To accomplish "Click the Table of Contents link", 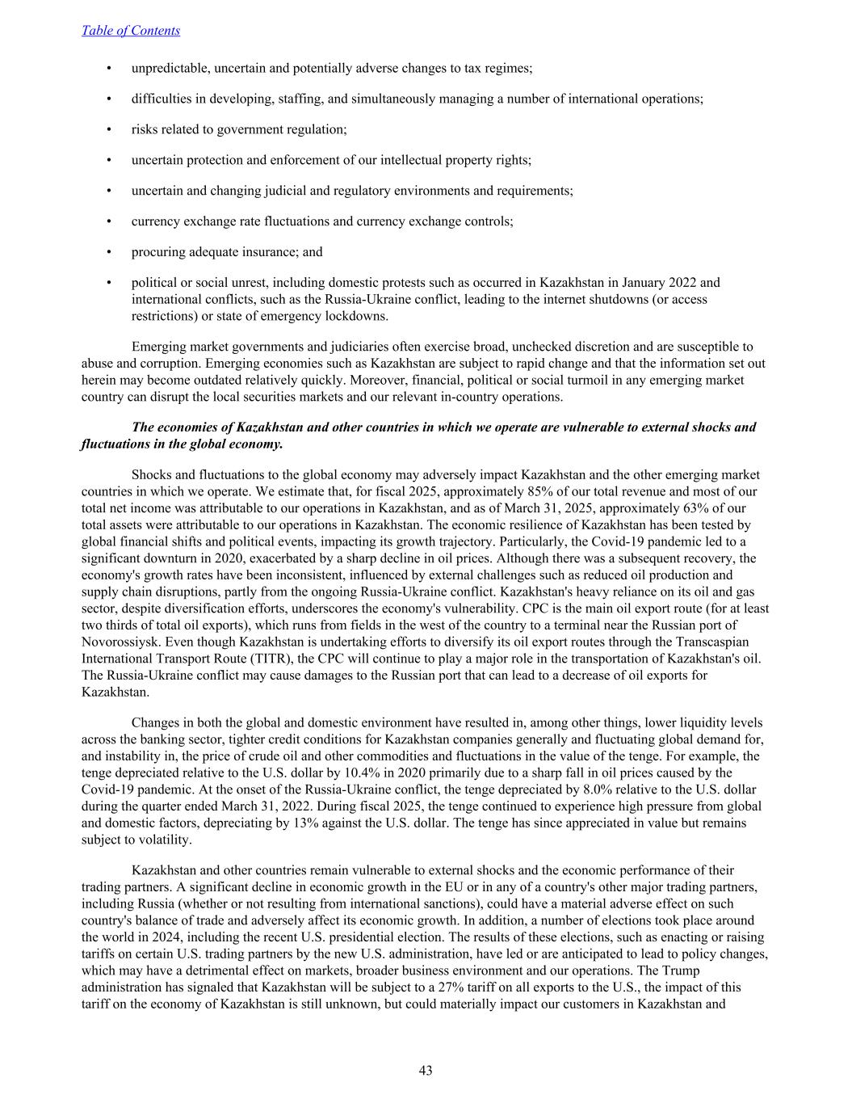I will [x=131, y=31].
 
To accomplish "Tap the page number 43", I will [x=426, y=1071].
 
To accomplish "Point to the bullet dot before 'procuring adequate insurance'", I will [x=108, y=252].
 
